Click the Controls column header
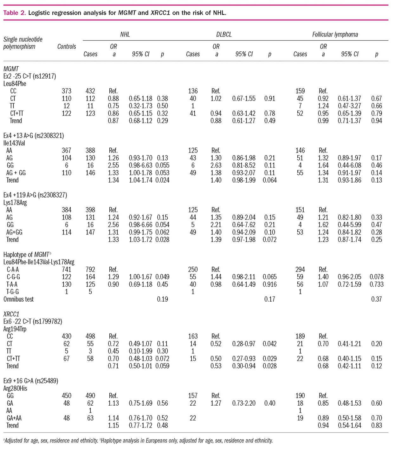click(x=67, y=47)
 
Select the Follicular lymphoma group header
click(x=335, y=34)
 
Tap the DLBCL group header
click(x=224, y=34)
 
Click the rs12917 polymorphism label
click(x=30, y=76)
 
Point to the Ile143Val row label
click(x=14, y=143)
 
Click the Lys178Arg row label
click(x=15, y=202)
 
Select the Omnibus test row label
click(x=18, y=299)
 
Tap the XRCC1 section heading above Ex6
click(x=11, y=314)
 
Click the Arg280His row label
click(x=15, y=388)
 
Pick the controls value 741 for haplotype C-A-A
click(x=67, y=269)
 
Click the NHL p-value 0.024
click(x=163, y=180)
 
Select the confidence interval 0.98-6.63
click(x=140, y=165)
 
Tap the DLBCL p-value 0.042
click(x=270, y=343)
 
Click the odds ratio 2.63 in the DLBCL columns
click(x=216, y=165)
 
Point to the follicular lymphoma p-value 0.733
click(x=377, y=284)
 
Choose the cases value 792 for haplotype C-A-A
click(x=90, y=269)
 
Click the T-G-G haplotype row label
click(x=13, y=291)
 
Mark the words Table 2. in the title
click(x=15, y=13)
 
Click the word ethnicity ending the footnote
click(x=262, y=441)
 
